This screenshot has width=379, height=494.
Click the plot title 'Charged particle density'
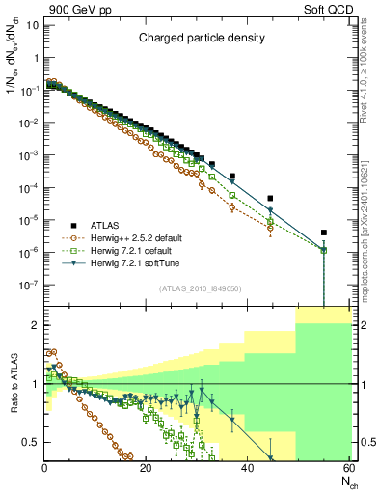(197, 39)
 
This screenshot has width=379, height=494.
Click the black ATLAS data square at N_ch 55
(324, 233)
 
